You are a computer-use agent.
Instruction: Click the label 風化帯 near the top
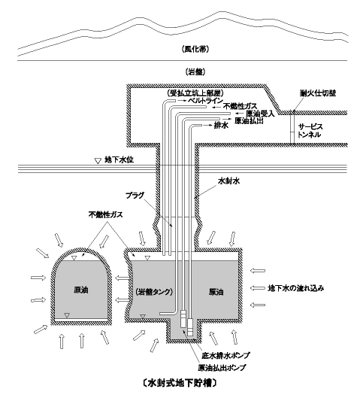click(195, 49)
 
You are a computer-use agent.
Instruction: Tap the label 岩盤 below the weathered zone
click(195, 72)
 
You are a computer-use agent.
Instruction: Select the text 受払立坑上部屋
click(195, 93)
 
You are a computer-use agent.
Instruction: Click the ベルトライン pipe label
click(206, 101)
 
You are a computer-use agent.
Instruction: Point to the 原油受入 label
click(260, 114)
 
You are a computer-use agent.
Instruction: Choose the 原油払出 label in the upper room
click(249, 121)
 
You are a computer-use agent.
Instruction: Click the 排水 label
click(221, 125)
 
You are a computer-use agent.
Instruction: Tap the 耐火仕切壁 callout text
click(318, 93)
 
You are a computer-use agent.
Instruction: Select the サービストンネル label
click(310, 131)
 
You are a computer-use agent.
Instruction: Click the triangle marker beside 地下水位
click(98, 161)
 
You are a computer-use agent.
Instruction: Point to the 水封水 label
click(229, 181)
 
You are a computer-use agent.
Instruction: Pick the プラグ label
click(135, 195)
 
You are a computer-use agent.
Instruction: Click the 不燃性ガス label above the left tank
click(105, 215)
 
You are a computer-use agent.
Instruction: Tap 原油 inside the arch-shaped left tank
click(80, 290)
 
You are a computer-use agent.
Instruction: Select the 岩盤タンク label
click(154, 292)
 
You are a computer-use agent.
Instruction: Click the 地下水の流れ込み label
click(295, 288)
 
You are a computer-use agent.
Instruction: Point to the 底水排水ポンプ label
click(225, 355)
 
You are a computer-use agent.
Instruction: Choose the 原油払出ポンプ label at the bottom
click(222, 367)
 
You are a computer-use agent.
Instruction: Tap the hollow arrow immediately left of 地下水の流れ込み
click(257, 288)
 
